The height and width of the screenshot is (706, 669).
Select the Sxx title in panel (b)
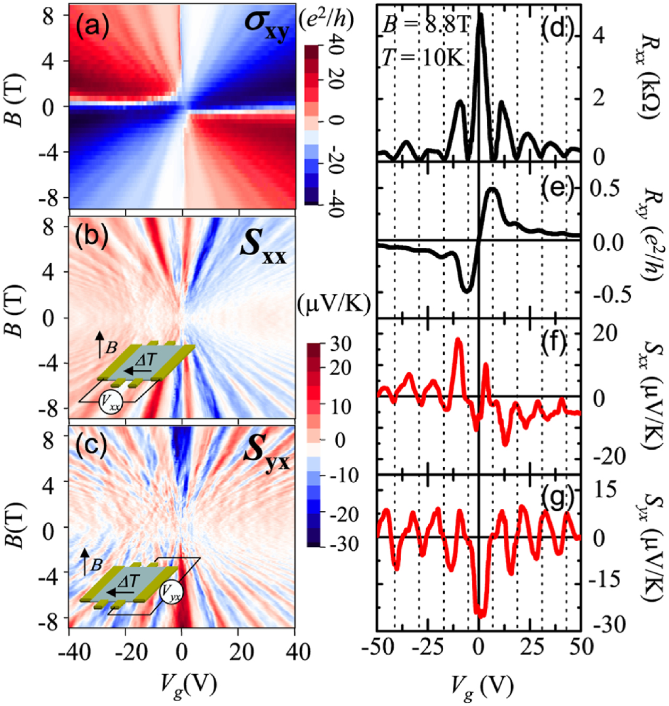pos(263,249)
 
